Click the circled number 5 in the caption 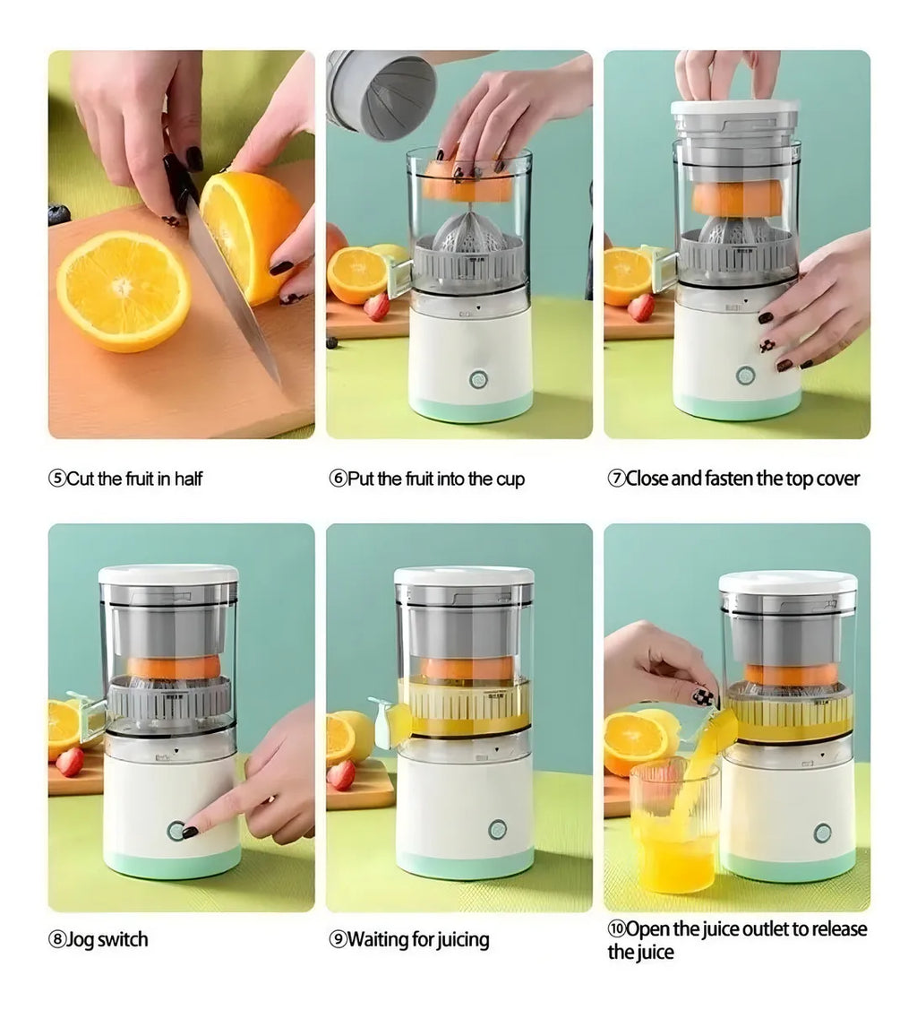(x=57, y=479)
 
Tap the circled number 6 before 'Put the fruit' (x=338, y=479)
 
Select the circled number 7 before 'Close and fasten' (x=616, y=479)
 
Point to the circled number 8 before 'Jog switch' (x=57, y=940)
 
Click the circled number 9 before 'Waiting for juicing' (x=338, y=940)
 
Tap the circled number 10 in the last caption (x=616, y=928)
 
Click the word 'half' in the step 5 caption (x=188, y=479)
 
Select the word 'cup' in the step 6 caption (x=510, y=480)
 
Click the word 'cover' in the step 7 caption (x=838, y=479)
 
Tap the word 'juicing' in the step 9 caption (x=463, y=941)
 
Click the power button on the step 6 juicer (x=478, y=379)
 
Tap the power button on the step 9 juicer (x=497, y=830)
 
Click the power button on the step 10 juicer (x=823, y=833)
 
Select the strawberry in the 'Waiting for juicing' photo (x=341, y=775)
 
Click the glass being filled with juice (x=673, y=828)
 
